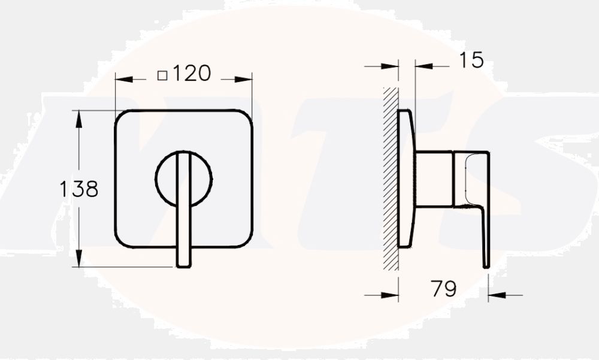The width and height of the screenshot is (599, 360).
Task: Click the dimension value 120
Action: coord(192,74)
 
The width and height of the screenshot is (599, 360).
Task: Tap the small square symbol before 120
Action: coord(162,75)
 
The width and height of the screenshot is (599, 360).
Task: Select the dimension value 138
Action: coord(78,189)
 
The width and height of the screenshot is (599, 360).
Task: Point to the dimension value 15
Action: coord(471,60)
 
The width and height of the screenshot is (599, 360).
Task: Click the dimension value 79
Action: coord(443,289)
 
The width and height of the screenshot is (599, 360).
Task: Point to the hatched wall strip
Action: coord(391,180)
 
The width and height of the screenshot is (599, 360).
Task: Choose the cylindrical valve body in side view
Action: coord(434,179)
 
